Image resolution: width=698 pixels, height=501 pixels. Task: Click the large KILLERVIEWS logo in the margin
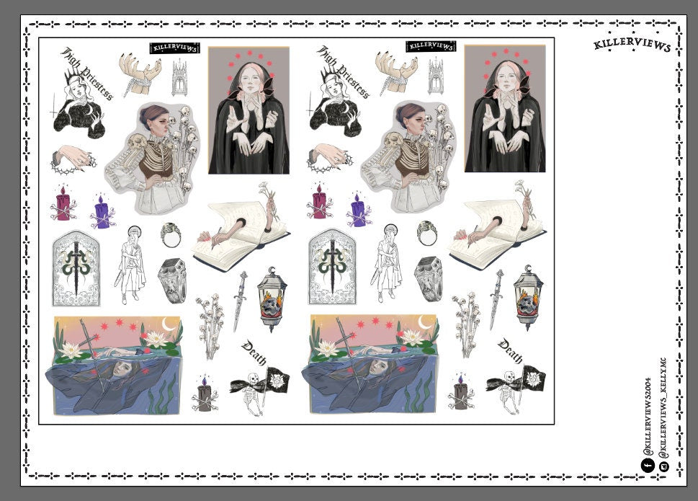[x=632, y=45]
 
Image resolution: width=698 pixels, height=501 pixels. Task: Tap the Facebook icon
[x=646, y=466]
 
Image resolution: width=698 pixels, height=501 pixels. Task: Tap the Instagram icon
[x=663, y=466]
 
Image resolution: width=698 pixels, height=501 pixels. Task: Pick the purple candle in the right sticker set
[x=358, y=212]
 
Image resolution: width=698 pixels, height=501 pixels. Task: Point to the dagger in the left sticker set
[x=239, y=300]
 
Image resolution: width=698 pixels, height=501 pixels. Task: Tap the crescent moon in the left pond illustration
[x=169, y=325]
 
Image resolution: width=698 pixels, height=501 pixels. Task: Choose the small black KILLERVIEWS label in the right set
[x=431, y=47]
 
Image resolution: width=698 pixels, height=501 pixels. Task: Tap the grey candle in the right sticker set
[x=460, y=395]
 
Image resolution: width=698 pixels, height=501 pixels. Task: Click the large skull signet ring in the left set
[x=172, y=279]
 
